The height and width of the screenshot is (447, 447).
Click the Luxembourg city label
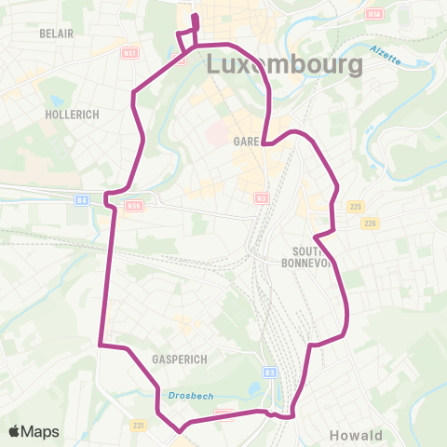[x=283, y=65]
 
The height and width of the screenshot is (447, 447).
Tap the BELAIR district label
[x=57, y=32]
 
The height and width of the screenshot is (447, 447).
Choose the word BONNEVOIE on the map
[x=308, y=262]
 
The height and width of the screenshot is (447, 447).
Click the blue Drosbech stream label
[x=191, y=396]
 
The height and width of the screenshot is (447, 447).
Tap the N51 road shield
[x=130, y=53]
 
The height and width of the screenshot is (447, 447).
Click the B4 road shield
[x=83, y=198]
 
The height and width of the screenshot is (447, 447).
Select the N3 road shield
[x=262, y=197]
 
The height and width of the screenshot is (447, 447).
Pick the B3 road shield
[x=270, y=372]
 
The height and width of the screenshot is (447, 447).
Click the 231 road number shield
[x=139, y=425]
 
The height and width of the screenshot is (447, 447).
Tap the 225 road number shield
[x=353, y=207]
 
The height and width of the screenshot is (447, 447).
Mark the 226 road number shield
[x=370, y=223]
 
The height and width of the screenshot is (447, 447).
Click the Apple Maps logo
[x=34, y=431]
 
